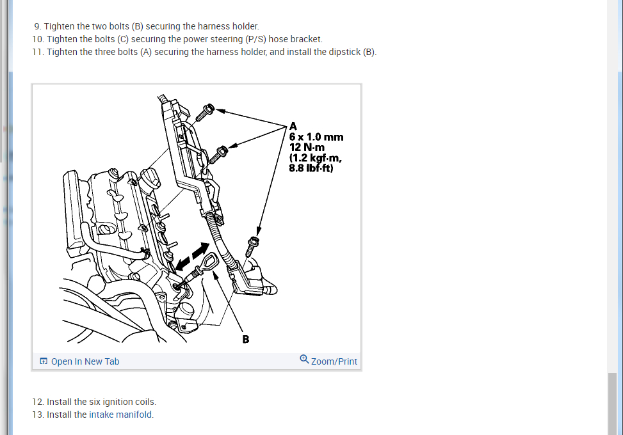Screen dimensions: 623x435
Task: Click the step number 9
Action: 38,27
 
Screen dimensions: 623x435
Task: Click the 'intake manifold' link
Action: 121,415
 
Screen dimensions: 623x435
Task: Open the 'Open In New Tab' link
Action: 85,361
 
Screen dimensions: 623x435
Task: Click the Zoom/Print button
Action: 334,361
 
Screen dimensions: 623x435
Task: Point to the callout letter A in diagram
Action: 293,125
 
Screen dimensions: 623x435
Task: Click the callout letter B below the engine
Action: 246,339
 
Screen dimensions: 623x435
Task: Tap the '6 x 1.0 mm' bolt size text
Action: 316,137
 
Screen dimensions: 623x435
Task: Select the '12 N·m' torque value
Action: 307,148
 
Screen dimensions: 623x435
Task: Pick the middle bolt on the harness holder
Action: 220,152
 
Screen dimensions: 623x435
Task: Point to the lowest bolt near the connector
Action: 252,245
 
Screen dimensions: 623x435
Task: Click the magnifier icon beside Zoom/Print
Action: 304,360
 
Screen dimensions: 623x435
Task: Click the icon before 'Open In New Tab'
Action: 44,361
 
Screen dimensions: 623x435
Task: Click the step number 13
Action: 38,415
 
